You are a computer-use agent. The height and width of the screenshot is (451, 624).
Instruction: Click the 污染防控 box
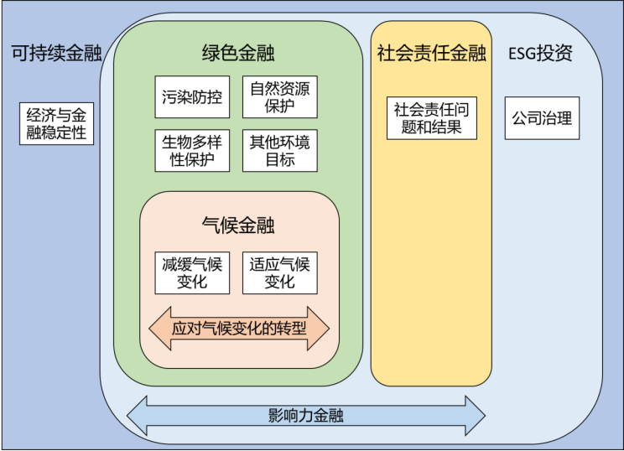(192, 97)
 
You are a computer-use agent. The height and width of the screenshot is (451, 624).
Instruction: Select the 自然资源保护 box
(279, 97)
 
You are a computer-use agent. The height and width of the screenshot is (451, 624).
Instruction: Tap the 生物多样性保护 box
(192, 151)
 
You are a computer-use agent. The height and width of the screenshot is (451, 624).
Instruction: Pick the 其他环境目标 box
(279, 151)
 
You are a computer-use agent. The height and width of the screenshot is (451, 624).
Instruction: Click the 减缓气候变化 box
(192, 272)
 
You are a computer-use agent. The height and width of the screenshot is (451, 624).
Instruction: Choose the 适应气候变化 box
(279, 272)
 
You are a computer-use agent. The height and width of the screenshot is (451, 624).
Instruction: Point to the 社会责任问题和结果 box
(431, 118)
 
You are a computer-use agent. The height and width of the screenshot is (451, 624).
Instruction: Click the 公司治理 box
(542, 118)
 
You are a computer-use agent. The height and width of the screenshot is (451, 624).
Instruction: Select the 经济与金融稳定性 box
(56, 123)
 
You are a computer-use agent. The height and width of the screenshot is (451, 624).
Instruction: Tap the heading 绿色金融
(239, 54)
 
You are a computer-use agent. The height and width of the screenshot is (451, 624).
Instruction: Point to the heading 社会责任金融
(431, 54)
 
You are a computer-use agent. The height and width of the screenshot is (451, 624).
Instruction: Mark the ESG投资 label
(541, 54)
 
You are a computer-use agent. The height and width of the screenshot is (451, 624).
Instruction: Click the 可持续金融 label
(56, 54)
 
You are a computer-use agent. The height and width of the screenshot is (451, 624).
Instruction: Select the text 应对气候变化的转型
(239, 329)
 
